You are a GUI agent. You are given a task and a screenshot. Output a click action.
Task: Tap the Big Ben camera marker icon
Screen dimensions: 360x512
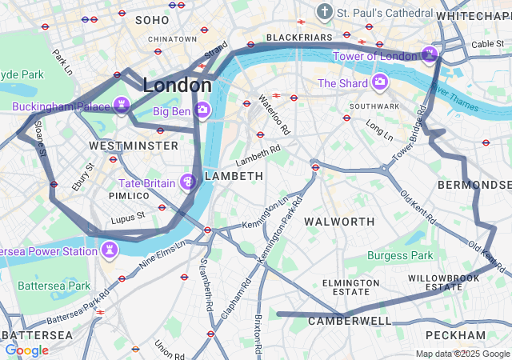[203, 110]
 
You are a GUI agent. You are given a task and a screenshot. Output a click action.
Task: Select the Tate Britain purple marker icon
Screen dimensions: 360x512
[188, 183]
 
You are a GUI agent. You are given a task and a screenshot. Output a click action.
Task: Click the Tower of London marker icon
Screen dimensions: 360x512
[430, 55]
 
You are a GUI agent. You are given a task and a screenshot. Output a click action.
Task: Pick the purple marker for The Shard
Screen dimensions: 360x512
[379, 82]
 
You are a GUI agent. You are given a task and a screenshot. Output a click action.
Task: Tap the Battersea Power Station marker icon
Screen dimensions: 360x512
[110, 250]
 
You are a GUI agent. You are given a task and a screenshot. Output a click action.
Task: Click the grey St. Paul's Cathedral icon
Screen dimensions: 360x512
[324, 12]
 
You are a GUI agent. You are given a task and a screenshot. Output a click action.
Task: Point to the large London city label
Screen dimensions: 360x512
[177, 85]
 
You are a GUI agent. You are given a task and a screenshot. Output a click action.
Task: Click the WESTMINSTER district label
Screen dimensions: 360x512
[134, 146]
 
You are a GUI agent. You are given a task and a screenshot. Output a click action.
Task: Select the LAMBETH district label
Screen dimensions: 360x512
[234, 175]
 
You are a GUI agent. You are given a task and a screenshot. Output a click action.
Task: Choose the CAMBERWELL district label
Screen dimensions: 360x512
[350, 321]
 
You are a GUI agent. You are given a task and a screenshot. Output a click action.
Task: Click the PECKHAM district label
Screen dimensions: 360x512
[455, 334]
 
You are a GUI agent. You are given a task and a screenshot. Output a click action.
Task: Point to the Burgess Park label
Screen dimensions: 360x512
[400, 255]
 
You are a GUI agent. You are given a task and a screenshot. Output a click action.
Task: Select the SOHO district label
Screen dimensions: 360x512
[152, 19]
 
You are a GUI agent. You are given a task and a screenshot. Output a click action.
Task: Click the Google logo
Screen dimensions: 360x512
[26, 350]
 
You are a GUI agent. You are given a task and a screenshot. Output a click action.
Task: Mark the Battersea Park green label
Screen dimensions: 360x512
[54, 285]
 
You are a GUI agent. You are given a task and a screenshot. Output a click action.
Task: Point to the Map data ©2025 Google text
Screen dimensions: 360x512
[462, 354]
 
